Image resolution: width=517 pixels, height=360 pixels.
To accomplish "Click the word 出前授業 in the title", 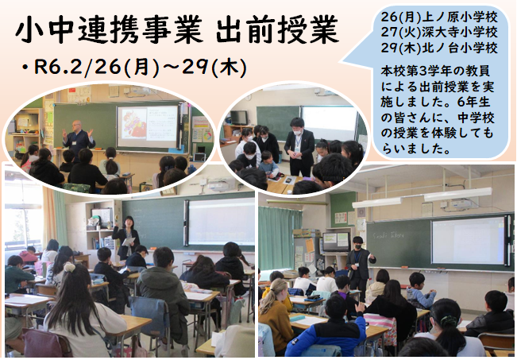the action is [277, 29].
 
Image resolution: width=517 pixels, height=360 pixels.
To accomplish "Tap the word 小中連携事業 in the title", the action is [108, 29].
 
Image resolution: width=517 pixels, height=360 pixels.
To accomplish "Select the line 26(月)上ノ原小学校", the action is [439, 17].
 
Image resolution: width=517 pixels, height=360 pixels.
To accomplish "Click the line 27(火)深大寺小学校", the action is [439, 32].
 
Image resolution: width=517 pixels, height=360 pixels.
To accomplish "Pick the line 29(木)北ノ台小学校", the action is [439, 48].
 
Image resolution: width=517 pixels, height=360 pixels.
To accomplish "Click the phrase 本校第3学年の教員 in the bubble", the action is [435, 71].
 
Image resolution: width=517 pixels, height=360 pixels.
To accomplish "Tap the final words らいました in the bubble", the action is [412, 149].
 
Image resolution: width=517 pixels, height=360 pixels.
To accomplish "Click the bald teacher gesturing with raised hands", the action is [79, 138].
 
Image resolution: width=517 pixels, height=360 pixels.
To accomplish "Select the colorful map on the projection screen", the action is [133, 122].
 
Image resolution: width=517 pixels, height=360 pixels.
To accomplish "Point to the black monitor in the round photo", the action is [239, 118].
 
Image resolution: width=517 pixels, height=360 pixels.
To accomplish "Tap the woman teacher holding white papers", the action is [126, 237].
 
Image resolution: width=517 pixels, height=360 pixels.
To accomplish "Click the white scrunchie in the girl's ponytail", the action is [70, 267].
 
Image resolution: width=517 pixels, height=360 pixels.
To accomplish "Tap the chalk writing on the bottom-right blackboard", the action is [388, 235].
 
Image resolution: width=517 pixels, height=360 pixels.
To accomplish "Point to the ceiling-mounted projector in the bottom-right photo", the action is [463, 203].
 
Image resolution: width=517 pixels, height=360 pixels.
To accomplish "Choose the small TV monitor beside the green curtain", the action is [336, 242].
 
